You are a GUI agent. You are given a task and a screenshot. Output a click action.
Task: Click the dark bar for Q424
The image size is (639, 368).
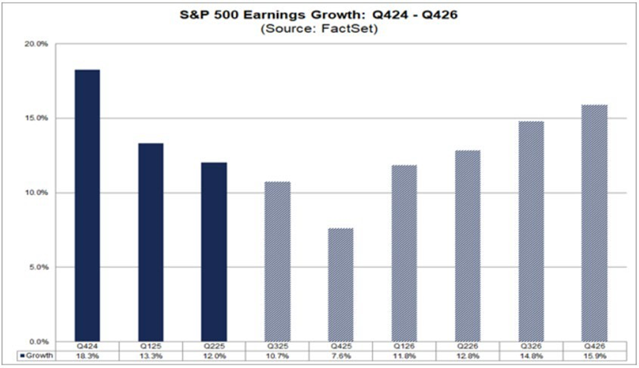87,204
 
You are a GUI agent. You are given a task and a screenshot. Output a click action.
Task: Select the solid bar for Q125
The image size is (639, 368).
150,242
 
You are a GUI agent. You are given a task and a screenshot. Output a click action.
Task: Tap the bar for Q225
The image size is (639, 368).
213,251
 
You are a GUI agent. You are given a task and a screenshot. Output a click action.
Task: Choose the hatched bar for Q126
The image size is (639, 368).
404,253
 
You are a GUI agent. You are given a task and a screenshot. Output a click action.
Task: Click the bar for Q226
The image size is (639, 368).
467,245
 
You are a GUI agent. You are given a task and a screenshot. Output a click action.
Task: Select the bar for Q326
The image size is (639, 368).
531,231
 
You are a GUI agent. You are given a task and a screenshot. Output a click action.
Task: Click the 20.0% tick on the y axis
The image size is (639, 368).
38,44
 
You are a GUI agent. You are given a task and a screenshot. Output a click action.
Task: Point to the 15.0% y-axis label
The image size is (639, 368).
38,119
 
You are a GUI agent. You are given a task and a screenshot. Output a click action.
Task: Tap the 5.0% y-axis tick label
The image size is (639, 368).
39,267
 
